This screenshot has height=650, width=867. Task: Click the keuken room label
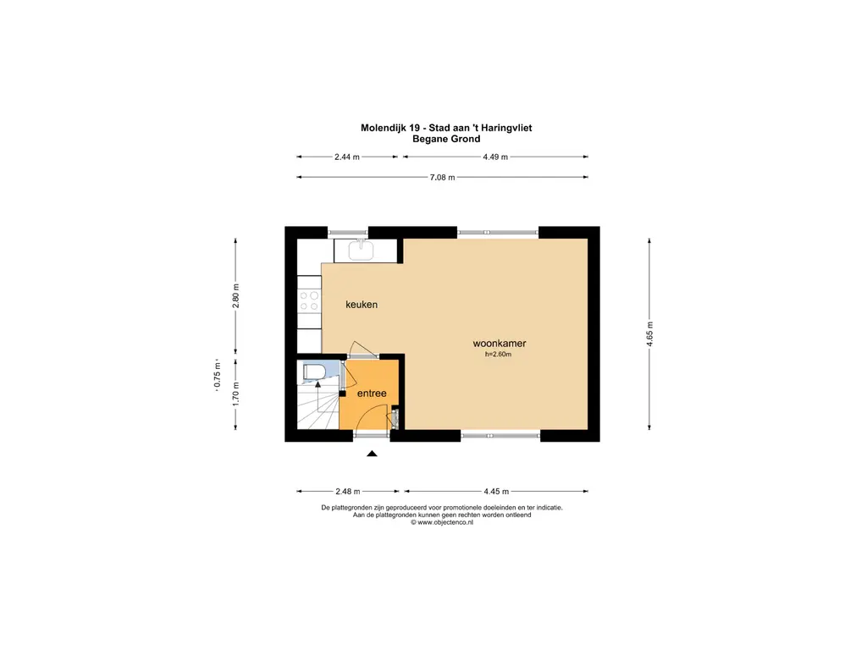362,305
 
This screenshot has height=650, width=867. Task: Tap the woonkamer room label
500,344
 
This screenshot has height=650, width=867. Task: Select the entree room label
372,394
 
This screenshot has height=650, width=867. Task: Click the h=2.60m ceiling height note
498,355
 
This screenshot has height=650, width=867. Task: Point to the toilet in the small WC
312,372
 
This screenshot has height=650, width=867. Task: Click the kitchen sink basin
361,251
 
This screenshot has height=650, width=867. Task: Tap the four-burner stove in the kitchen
309,300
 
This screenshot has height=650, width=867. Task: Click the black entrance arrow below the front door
373,454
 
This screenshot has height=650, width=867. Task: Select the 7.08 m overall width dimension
442,178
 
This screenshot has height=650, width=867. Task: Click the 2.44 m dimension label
346,157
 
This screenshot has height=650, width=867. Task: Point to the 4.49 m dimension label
495,157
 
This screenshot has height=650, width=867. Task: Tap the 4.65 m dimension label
649,334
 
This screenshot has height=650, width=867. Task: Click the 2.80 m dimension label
236,296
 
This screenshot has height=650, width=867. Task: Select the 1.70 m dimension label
236,394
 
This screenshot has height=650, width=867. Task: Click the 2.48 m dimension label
348,492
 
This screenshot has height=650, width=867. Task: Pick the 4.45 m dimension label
496,492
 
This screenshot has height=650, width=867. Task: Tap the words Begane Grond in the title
446,139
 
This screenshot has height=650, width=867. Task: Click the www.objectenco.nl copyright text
442,522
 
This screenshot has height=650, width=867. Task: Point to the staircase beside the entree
318,405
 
